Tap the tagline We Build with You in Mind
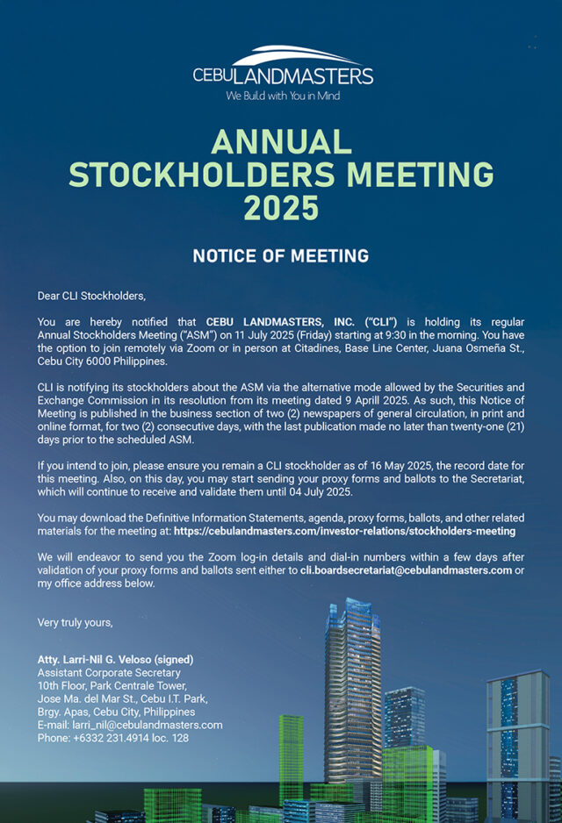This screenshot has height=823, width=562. tap(283, 96)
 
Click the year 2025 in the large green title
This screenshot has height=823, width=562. tap(281, 207)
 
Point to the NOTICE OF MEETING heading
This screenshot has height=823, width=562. tap(281, 256)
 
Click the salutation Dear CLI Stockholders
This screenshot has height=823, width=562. tap(90, 297)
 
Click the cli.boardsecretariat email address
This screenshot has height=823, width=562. tap(406, 570)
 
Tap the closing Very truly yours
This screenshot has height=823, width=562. tap(76, 622)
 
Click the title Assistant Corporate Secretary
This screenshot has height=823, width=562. tap(109, 673)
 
